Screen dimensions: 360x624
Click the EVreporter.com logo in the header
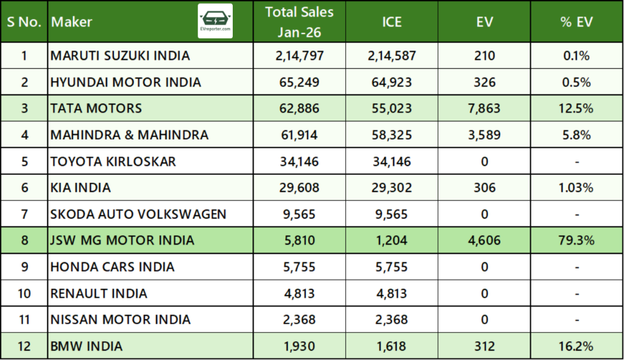(215, 21)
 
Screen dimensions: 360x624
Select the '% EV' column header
(576, 22)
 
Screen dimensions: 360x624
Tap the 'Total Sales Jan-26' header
(299, 22)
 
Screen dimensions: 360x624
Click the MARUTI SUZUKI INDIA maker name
(120, 56)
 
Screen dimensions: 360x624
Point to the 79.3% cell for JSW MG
(576, 241)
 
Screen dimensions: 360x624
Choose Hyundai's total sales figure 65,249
(299, 82)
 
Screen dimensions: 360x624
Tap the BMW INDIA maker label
(87, 346)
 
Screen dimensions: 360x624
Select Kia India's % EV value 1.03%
(576, 188)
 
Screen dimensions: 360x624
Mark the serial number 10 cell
(24, 294)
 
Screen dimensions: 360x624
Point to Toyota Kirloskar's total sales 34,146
(299, 161)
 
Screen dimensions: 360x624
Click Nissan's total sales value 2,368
(299, 320)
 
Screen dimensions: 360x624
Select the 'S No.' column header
(24, 22)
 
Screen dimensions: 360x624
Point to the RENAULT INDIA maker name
(99, 294)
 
